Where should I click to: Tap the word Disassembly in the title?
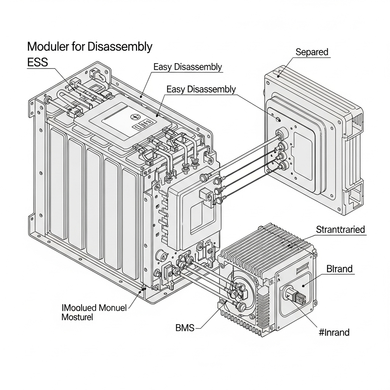(x=120, y=47)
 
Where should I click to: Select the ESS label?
(x=38, y=62)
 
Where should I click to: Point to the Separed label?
(x=312, y=52)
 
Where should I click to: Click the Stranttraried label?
(x=340, y=230)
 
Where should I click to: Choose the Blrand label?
(x=339, y=269)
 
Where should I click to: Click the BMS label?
(x=185, y=327)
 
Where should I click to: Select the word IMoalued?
(x=78, y=307)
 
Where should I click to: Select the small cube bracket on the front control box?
(x=205, y=194)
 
